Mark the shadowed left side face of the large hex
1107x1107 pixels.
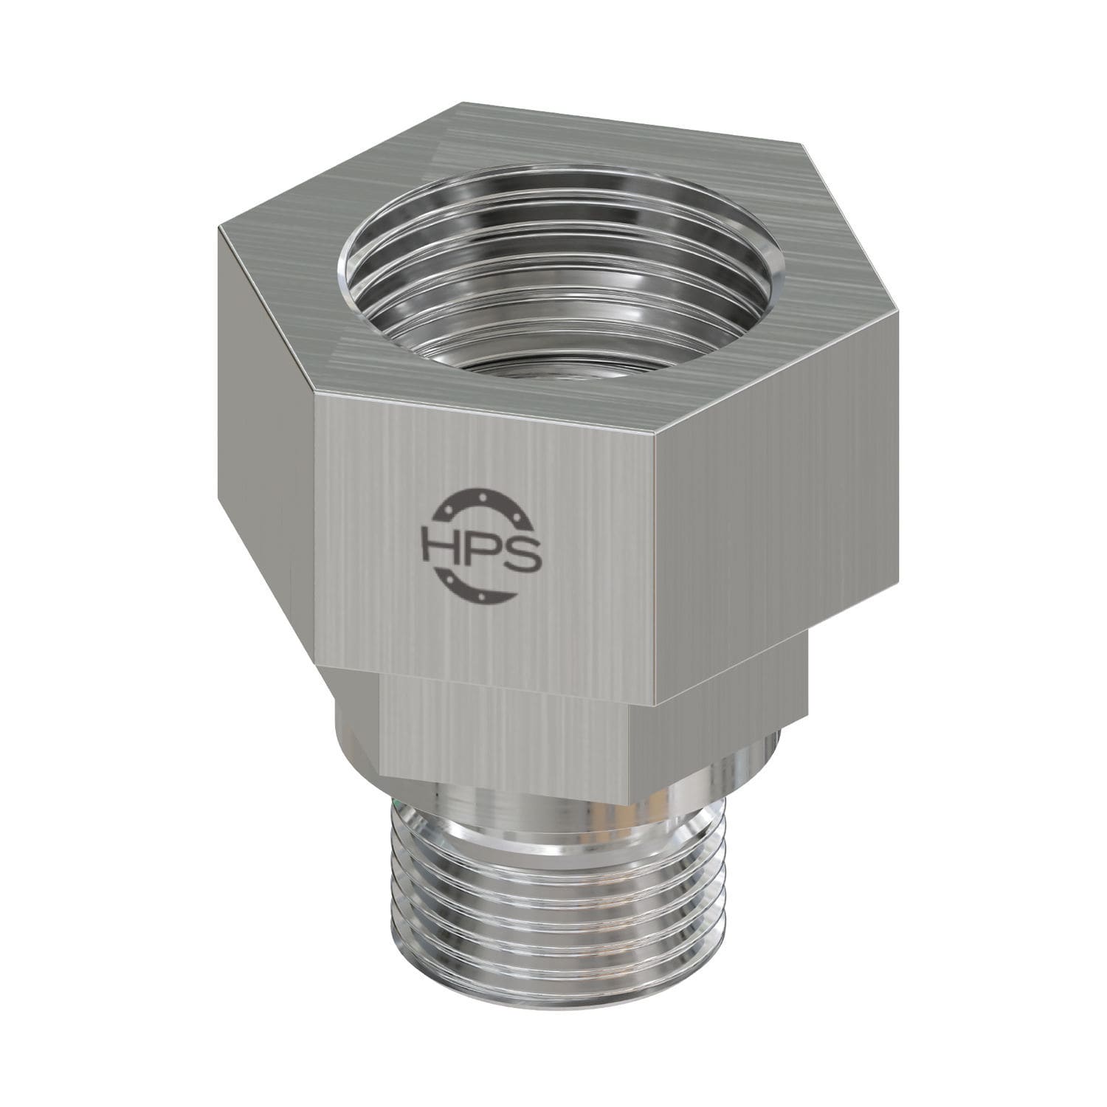(x=262, y=443)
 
